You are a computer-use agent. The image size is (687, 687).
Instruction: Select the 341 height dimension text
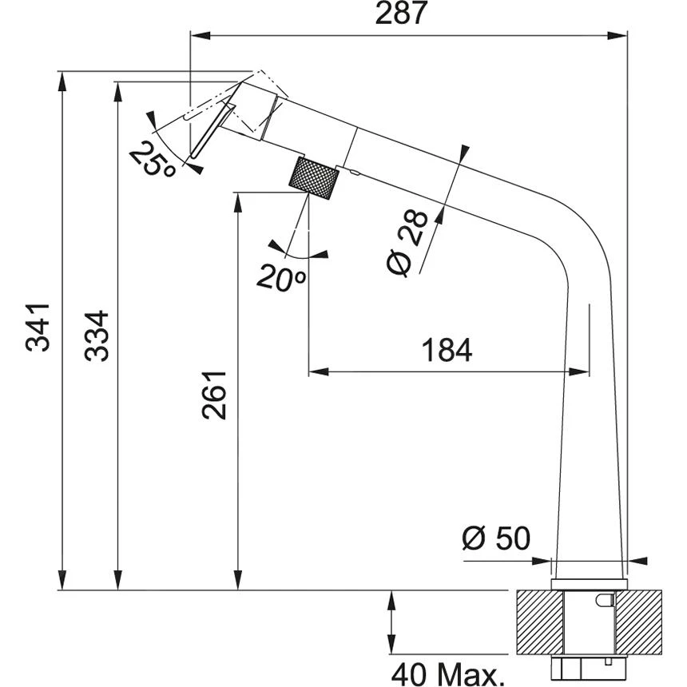coord(38,327)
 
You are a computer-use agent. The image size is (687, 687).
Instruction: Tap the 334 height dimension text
coord(97,336)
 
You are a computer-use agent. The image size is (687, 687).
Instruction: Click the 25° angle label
coord(153,161)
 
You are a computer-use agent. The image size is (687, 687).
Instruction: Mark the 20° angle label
coord(281,277)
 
